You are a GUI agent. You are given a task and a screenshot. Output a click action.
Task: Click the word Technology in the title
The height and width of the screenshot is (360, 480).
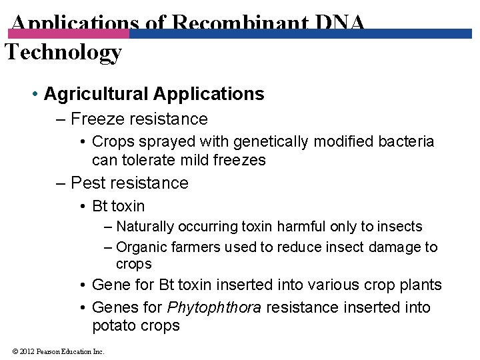[x=63, y=52]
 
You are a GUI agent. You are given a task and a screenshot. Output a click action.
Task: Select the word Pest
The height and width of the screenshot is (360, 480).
[x=86, y=183]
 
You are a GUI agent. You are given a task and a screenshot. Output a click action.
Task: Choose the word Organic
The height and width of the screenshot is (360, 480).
[x=141, y=247]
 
